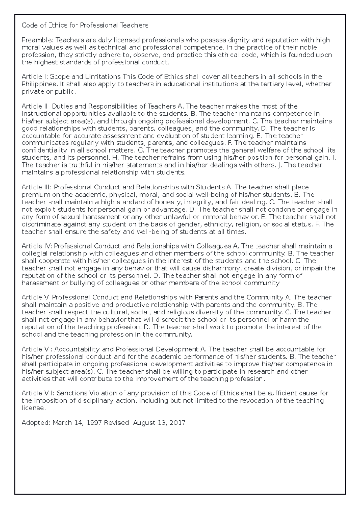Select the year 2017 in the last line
[177, 423]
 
